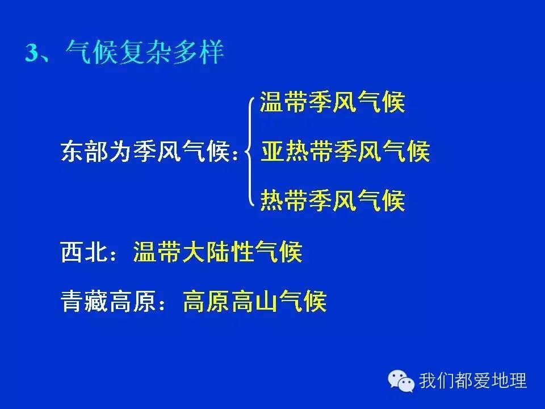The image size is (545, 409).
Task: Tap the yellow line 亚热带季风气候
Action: pyautogui.click(x=345, y=152)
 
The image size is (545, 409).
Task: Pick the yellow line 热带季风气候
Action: pyautogui.click(x=332, y=201)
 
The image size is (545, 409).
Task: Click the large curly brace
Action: pyautogui.click(x=250, y=152)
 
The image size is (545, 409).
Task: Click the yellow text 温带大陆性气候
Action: pyautogui.click(x=217, y=252)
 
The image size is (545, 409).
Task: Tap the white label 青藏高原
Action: pyautogui.click(x=109, y=302)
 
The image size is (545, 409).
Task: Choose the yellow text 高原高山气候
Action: pyautogui.click(x=254, y=302)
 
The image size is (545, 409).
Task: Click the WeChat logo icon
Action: pyautogui.click(x=401, y=380)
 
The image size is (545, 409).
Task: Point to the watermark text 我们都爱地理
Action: pyautogui.click(x=473, y=381)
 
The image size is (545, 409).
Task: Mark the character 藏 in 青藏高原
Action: pyautogui.click(x=97, y=302)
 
